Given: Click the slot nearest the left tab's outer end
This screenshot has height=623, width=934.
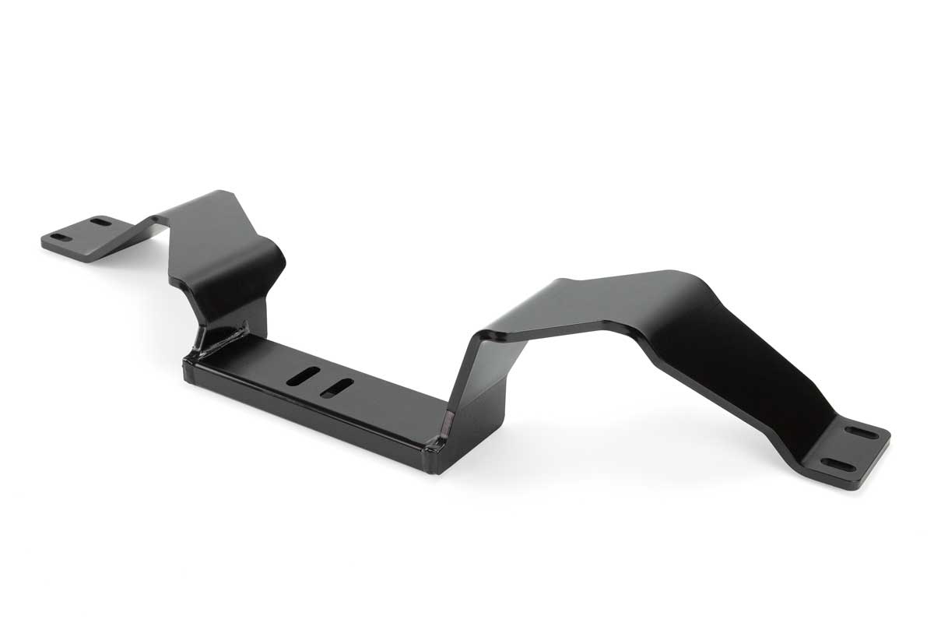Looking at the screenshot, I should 58,236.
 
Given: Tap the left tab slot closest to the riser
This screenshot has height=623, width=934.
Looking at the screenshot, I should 100,222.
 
